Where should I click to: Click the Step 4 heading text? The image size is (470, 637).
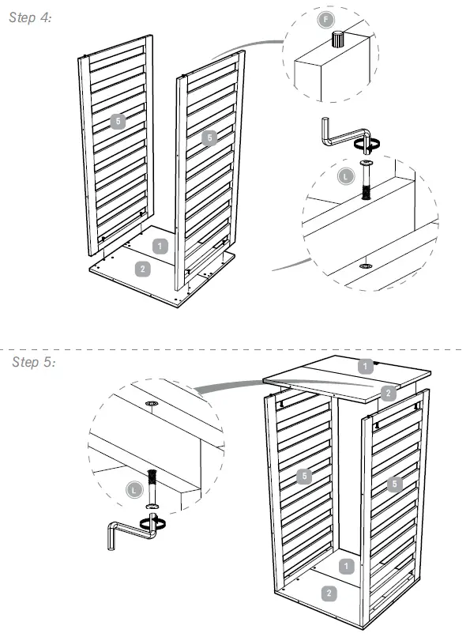30,17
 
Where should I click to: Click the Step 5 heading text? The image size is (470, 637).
33,361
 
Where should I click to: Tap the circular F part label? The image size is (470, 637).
325,20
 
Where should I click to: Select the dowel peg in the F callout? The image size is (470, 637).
337,40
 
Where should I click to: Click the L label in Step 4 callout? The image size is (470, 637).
345,177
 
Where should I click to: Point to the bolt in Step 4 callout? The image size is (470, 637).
366,179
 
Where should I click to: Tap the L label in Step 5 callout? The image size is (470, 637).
134,489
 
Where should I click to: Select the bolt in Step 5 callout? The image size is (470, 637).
152,488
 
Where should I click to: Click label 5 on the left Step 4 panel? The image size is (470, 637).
118,121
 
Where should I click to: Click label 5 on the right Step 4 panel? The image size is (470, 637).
209,138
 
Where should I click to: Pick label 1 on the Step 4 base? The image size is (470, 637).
160,246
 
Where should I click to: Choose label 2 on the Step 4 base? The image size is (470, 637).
142,269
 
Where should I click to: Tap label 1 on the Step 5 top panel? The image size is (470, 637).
365,366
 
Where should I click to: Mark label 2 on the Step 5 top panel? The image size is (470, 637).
388,393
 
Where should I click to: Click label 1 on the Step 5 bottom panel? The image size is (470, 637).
346,566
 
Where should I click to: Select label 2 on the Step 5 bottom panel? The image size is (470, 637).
329,594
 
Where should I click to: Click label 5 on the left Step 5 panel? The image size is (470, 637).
304,476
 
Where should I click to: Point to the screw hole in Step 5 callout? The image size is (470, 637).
152,404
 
